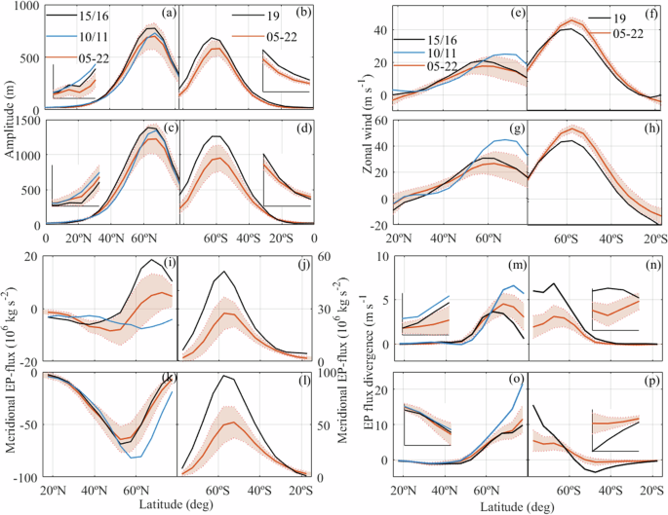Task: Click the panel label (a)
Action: [169, 13]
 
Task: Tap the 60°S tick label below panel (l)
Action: [219, 487]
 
